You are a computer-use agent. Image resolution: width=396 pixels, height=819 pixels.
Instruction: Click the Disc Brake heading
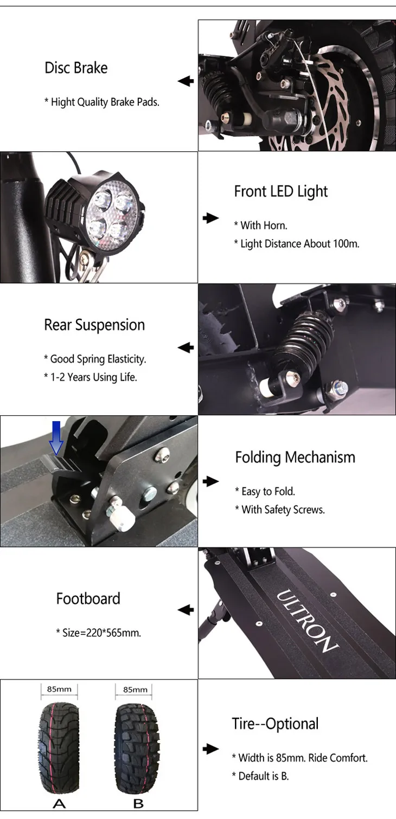coord(76,68)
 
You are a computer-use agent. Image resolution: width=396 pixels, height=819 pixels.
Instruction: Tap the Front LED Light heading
coord(280,191)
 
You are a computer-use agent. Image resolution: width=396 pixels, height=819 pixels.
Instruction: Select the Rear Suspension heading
coord(94,325)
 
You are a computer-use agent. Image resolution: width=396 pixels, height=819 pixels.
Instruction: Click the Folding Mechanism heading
coord(295,458)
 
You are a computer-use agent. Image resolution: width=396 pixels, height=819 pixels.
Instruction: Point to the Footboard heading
coord(88,598)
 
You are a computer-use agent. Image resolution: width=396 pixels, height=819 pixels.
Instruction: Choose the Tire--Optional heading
coord(275,724)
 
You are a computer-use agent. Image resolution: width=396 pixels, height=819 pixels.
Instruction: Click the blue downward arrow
coord(56,438)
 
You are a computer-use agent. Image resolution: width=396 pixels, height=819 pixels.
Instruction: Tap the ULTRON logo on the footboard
coord(306,621)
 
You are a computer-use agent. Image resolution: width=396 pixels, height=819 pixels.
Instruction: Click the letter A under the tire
coord(59,804)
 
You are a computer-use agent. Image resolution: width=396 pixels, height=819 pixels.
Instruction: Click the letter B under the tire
coord(138,804)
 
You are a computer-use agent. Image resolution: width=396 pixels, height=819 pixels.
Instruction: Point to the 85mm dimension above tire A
coord(59,689)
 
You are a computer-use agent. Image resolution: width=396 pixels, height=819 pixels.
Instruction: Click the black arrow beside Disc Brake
coord(186,81)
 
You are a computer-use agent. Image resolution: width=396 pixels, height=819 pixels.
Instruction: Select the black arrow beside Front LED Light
coord(211,218)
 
